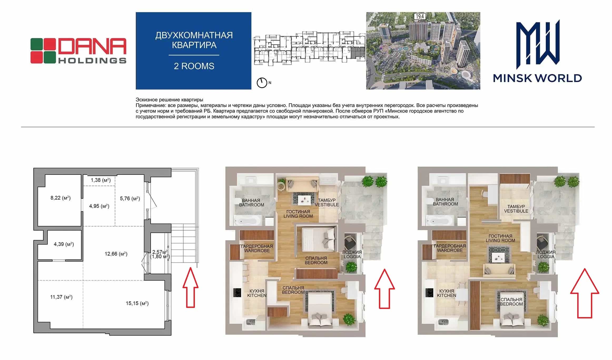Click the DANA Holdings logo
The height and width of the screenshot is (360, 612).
pos(78,51)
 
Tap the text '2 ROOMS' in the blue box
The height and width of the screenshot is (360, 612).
pos(194,66)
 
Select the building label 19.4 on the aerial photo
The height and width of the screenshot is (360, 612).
pos(420,17)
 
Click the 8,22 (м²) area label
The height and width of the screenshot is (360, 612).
pos(61,198)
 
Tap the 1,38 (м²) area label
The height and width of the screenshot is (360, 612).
pos(101,180)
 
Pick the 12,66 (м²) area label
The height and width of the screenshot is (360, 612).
pos(116,254)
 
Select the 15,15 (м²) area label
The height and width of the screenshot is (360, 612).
pos(137,303)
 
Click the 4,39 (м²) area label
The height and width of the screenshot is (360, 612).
pos(64,244)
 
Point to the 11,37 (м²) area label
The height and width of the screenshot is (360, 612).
pos(61,297)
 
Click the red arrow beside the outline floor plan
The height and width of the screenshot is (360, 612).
pos(190,287)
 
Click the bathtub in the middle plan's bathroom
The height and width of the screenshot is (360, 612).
pos(247,220)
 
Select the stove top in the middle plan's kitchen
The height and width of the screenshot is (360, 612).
pos(237,293)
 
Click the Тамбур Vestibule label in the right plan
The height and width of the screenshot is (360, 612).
pos(516,209)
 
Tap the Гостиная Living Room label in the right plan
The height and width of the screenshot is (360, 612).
pos(500,238)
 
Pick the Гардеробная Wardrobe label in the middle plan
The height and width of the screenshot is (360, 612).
pos(257,248)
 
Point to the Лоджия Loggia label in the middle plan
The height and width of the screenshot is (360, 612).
pos(352,254)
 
